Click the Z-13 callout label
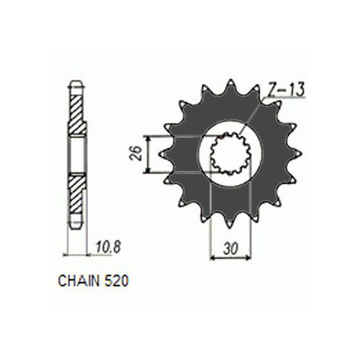(x=285, y=89)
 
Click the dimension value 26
(x=137, y=153)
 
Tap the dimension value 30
(x=230, y=249)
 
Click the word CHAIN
(x=79, y=281)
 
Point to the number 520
(x=116, y=281)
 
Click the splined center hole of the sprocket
(x=230, y=153)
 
